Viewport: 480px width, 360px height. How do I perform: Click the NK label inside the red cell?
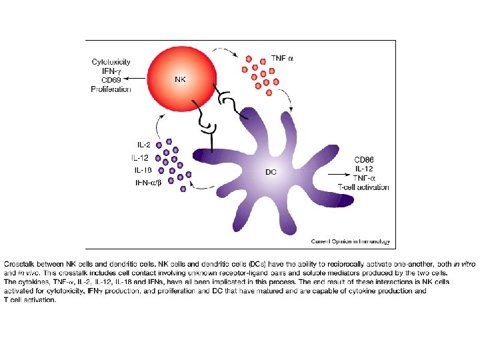click(180, 79)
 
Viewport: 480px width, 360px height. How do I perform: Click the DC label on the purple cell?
click(271, 172)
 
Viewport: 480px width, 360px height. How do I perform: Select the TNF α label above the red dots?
click(282, 59)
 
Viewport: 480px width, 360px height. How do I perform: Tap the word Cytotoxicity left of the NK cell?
click(111, 62)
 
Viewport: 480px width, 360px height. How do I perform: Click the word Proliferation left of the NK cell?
click(111, 89)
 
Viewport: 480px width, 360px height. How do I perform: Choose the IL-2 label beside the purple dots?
click(143, 144)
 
